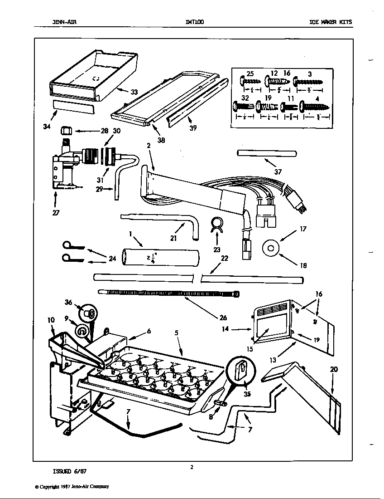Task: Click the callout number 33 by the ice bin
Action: click(x=134, y=92)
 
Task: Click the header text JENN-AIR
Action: click(x=61, y=22)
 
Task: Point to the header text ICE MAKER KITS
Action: click(x=330, y=22)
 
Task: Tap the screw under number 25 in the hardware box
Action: click(x=248, y=82)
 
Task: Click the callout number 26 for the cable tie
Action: click(x=223, y=318)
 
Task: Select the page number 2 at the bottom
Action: click(x=192, y=467)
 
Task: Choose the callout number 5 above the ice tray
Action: click(x=176, y=333)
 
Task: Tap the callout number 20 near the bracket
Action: click(x=333, y=369)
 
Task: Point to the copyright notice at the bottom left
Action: click(x=72, y=486)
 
